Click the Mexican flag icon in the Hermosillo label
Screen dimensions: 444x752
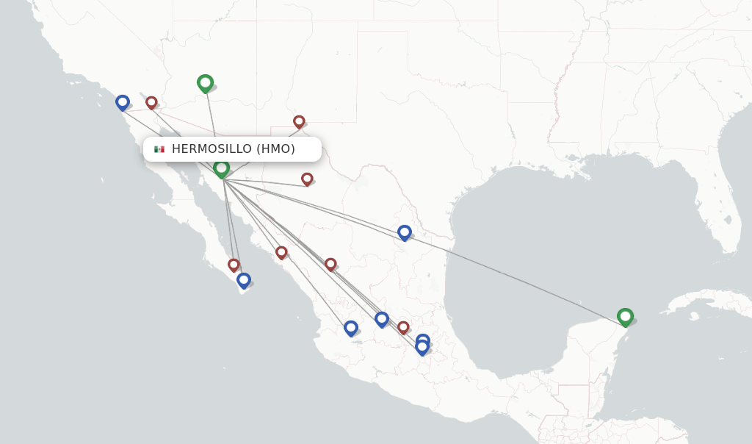tap(159, 149)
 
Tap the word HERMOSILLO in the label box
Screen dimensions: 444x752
tap(211, 149)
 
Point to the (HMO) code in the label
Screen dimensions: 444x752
tap(277, 149)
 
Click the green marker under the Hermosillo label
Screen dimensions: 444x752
tap(221, 168)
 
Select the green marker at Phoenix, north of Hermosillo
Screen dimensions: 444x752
tap(205, 82)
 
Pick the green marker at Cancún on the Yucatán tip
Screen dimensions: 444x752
tap(625, 316)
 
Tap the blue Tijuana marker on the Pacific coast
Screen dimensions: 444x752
tap(123, 101)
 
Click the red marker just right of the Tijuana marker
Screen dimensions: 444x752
tap(151, 102)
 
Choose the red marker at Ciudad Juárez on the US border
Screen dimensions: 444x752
tap(299, 121)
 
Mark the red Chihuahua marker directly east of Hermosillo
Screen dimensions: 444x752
tap(307, 178)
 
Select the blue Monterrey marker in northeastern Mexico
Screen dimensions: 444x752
tap(404, 232)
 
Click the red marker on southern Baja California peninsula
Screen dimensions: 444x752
tap(234, 264)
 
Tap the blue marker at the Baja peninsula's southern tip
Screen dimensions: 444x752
tap(244, 279)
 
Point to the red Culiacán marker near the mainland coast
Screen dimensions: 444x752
tap(281, 252)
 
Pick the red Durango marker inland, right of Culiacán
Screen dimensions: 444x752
tap(330, 263)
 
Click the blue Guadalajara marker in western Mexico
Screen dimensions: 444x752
tap(350, 327)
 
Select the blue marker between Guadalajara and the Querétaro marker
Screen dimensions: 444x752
tap(381, 318)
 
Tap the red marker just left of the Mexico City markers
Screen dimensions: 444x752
tap(403, 326)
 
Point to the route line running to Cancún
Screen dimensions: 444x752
tap(514, 276)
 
